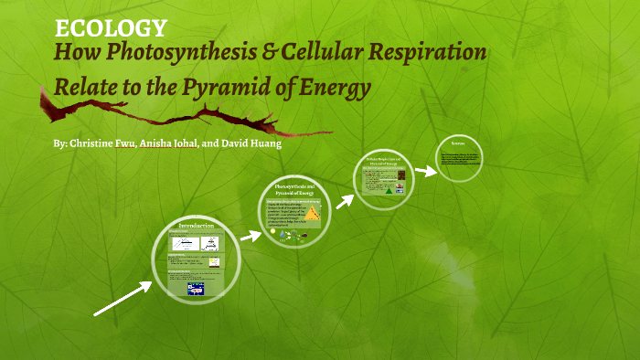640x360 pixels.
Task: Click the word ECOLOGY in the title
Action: pos(111,28)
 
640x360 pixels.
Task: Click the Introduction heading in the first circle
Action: pos(196,225)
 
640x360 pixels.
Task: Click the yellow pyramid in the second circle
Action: pos(313,214)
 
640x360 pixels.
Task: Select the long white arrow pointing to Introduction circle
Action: pos(123,299)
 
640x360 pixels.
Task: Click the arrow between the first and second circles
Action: pos(251,236)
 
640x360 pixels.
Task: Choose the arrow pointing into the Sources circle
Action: pos(424,170)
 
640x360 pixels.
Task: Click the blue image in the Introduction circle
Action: pos(196,289)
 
